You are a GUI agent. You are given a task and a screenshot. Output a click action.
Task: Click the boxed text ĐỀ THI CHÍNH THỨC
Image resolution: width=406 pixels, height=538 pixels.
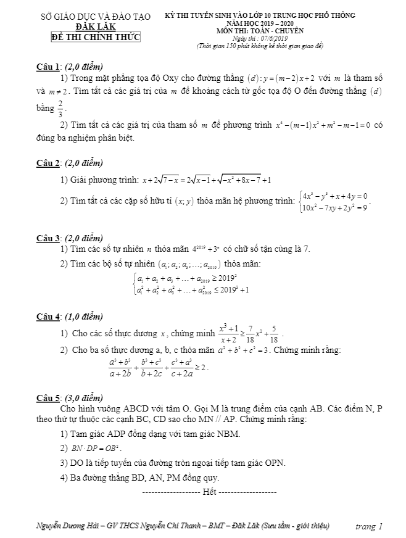coord(95,38)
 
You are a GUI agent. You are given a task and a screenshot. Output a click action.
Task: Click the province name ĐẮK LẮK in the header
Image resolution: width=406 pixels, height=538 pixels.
coord(94,27)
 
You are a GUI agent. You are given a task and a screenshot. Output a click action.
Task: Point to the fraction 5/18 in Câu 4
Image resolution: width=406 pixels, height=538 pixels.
coord(274,335)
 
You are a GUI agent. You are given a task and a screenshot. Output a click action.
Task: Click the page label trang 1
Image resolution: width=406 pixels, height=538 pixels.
coord(369,526)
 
